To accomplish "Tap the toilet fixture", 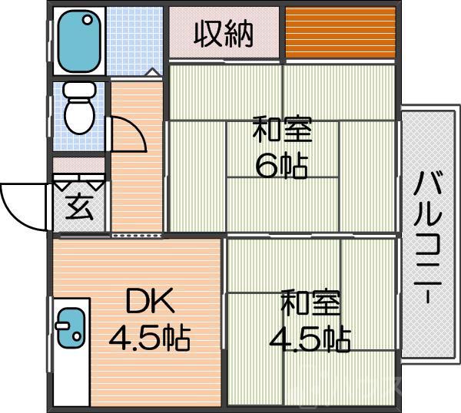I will [x=78, y=111].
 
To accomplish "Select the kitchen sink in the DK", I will [x=71, y=325].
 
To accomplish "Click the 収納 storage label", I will [x=223, y=34].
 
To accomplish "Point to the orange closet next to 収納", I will [x=341, y=32].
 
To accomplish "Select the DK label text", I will [x=150, y=302].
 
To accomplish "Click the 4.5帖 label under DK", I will [x=149, y=337].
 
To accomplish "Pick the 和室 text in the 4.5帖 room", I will [x=310, y=302].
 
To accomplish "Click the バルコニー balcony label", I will [x=428, y=238].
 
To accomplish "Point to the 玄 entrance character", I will [x=78, y=208].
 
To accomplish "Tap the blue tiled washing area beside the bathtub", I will [x=135, y=38].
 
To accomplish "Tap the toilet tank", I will [x=78, y=90].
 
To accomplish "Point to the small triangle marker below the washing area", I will [x=151, y=72].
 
